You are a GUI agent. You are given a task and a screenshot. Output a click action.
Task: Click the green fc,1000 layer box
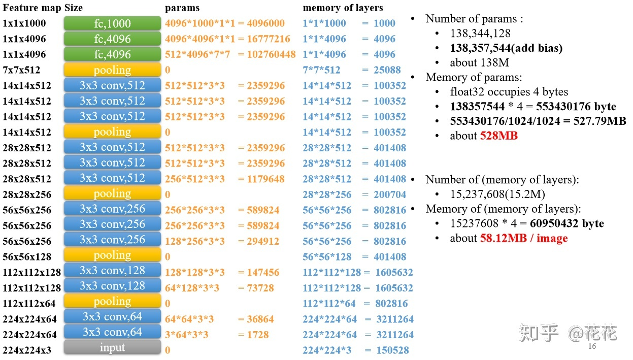coord(112,23)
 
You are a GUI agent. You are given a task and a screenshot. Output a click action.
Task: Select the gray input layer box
coord(112,348)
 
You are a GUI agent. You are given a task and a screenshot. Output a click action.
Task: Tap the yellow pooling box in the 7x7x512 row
coord(112,70)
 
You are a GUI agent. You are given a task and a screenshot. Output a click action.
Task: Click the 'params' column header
coord(182,8)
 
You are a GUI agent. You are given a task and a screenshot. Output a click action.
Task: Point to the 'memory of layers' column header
coord(343,8)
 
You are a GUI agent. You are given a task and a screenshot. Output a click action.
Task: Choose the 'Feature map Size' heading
coord(43,8)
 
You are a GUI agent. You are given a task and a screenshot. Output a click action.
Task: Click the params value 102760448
coord(271,54)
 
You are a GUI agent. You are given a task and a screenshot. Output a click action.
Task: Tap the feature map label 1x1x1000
coord(24,23)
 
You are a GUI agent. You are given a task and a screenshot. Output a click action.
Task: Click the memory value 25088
coord(387,70)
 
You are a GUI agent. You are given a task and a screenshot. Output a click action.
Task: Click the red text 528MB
coord(499,136)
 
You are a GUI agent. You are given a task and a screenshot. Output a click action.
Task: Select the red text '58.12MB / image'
coord(523,238)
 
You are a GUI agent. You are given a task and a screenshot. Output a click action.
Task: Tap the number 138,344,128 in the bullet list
coord(480,34)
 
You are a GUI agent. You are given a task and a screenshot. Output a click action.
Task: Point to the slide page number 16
coord(591,346)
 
